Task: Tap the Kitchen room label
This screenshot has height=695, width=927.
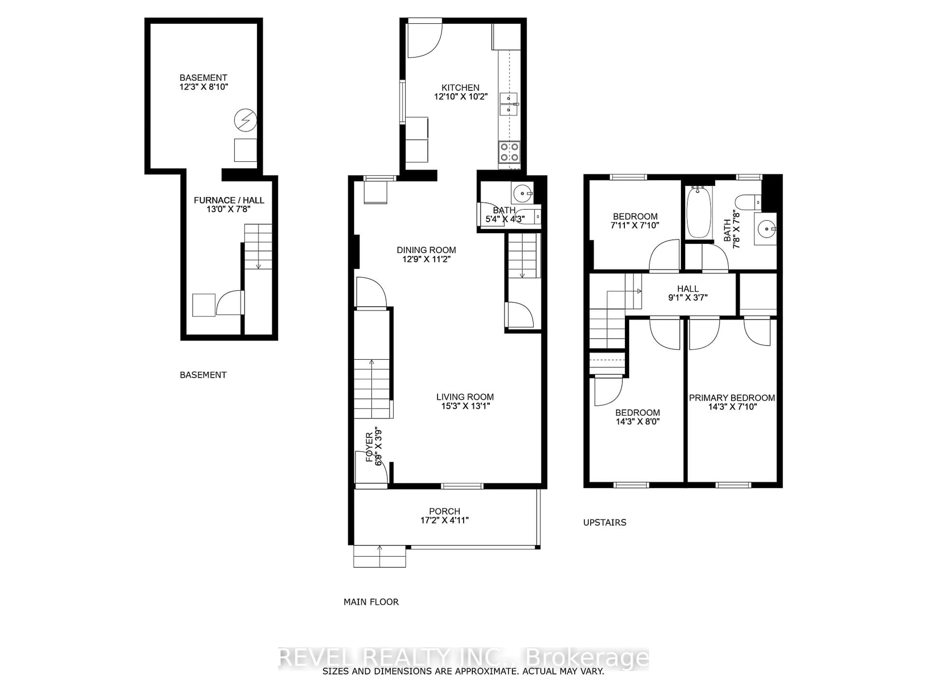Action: click(460, 88)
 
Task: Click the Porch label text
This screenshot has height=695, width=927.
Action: click(445, 511)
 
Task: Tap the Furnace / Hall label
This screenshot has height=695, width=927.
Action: click(229, 200)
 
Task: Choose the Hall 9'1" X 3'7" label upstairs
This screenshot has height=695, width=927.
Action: click(688, 293)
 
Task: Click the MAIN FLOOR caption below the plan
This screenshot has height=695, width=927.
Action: click(371, 602)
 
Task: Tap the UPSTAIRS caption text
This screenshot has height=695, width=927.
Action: click(604, 522)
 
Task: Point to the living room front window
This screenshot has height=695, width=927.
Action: click(462, 486)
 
